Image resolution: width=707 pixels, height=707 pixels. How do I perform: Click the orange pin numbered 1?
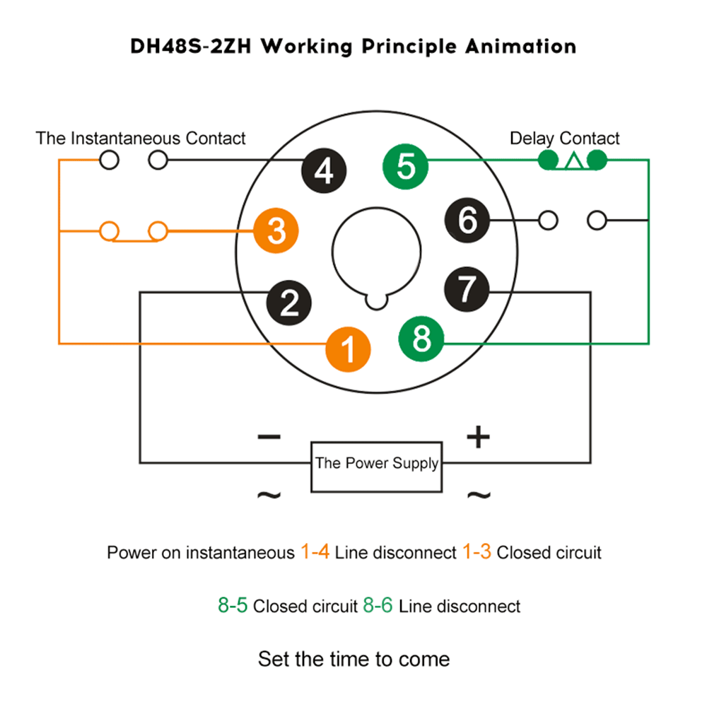[348, 349]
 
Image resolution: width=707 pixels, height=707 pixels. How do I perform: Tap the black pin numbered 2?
[289, 303]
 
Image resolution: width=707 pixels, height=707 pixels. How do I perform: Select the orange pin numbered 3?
[276, 230]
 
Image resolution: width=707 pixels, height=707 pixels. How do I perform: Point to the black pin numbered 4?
[324, 171]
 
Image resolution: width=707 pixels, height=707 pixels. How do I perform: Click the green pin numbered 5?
[405, 167]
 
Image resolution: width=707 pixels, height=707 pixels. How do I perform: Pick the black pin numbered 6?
[467, 220]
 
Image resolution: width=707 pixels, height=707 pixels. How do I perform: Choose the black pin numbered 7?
[467, 289]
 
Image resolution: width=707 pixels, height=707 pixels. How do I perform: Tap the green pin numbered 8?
[421, 339]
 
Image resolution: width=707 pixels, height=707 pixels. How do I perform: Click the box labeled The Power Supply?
[377, 467]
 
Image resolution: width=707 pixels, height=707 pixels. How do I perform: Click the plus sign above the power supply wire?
[479, 437]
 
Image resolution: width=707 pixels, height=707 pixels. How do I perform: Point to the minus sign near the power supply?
[269, 436]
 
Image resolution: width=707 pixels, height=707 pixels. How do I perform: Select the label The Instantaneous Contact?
[141, 139]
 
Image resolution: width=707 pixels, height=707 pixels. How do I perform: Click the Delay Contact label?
[564, 139]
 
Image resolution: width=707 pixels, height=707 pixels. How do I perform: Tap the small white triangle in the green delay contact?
[573, 161]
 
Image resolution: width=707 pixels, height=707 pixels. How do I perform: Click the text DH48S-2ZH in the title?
[191, 47]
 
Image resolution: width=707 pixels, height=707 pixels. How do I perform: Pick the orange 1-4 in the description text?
[315, 552]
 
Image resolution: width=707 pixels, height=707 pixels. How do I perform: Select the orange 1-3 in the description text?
[477, 552]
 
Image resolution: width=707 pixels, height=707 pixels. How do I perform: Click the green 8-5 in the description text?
[233, 606]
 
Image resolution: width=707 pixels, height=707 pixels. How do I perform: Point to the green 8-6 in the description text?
[378, 606]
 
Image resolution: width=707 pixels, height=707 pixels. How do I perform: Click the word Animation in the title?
[521, 47]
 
